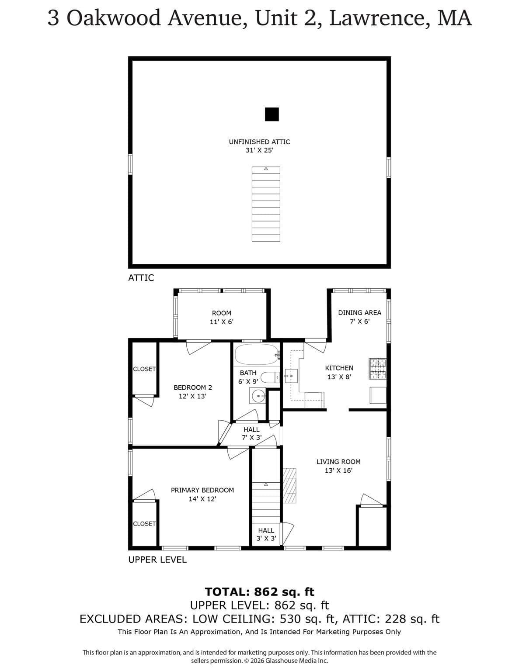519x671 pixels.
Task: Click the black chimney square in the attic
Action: click(x=272, y=114)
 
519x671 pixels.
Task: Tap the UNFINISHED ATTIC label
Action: click(x=260, y=142)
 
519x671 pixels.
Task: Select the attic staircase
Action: click(x=266, y=204)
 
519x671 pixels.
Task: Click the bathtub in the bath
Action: click(x=257, y=354)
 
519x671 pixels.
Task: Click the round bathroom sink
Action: click(x=258, y=395)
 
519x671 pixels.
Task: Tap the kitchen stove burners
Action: click(x=377, y=369)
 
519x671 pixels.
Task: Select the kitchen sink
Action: click(x=291, y=376)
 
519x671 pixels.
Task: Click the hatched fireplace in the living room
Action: click(x=290, y=486)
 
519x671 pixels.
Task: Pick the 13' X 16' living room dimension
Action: click(x=338, y=470)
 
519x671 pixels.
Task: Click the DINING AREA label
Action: click(x=359, y=312)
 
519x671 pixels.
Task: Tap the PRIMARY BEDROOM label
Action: click(x=202, y=490)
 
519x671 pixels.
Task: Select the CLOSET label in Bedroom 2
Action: click(x=144, y=369)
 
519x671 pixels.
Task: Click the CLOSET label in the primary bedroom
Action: click(x=144, y=524)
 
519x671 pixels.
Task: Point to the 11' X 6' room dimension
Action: click(x=222, y=322)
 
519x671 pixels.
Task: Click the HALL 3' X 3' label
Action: click(x=266, y=535)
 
